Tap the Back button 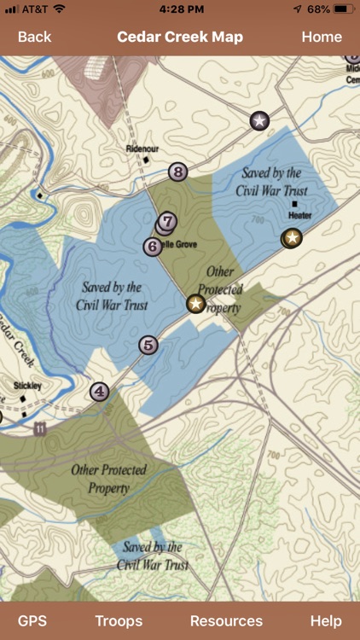coord(34,37)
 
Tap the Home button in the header coord(322,37)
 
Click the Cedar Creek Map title coord(180,37)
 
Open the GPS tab coord(32,621)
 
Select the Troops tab coord(119,621)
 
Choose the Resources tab coord(226,621)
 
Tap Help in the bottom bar coord(326,621)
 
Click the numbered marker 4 coord(100,393)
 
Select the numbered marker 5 coord(148,346)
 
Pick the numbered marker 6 coord(153,247)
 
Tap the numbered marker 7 coord(168,222)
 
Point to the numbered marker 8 coord(177,172)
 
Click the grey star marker coord(259,120)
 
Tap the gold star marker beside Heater coord(293,237)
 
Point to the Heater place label coord(299,216)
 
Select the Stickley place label coord(28,386)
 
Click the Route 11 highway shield coord(40,430)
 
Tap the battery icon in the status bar coord(344,9)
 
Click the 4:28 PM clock coord(180,9)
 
